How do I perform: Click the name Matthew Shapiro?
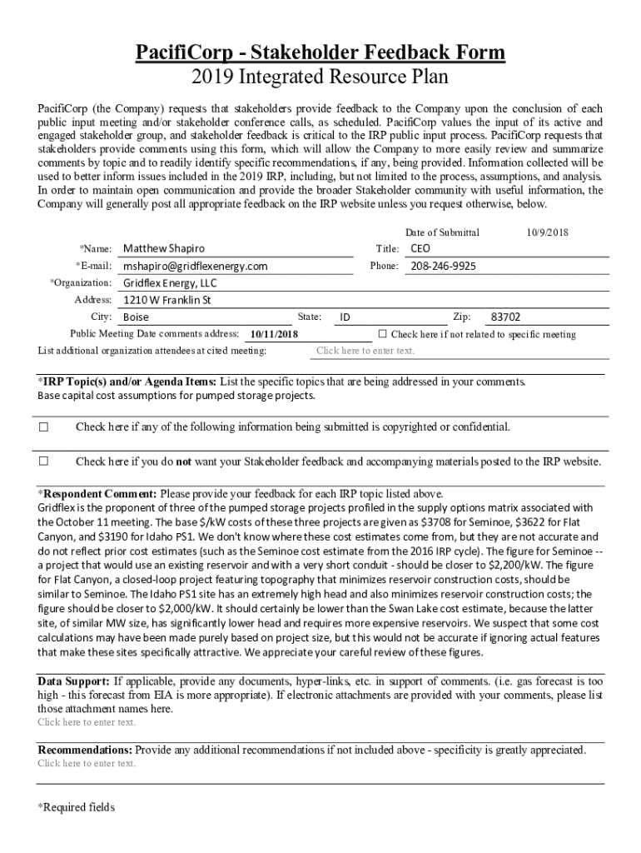[x=163, y=249]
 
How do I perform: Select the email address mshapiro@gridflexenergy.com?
[x=196, y=267]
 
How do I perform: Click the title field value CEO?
[x=420, y=249]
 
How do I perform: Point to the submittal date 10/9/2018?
[x=547, y=232]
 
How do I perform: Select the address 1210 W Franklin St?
[x=167, y=300]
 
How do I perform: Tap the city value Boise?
[x=137, y=317]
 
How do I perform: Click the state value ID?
[x=345, y=317]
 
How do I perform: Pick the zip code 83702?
[x=506, y=317]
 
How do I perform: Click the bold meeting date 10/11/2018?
[x=274, y=335]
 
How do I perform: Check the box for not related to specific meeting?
[x=382, y=334]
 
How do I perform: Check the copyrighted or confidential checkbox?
[x=44, y=427]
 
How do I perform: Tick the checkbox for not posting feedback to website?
[x=44, y=461]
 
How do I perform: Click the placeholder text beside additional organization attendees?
[x=365, y=351]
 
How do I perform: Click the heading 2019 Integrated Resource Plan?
[x=320, y=77]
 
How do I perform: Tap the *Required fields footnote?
[x=77, y=807]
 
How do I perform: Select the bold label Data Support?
[x=73, y=681]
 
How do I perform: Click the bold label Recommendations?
[x=85, y=750]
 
